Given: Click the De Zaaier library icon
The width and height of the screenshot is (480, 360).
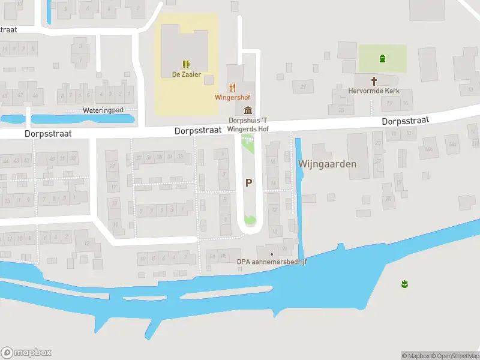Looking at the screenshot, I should tap(186, 64).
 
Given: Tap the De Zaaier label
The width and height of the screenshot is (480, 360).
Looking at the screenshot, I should tap(186, 74).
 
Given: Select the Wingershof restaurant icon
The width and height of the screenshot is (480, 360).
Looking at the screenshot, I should tap(232, 87).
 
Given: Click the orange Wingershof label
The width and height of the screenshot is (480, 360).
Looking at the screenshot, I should tap(232, 97).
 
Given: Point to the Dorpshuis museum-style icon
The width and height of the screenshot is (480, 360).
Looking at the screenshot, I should tap(248, 110).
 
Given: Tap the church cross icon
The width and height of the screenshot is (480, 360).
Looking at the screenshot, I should tap(374, 80).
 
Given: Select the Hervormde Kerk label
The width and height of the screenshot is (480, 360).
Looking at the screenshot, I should tap(373, 91).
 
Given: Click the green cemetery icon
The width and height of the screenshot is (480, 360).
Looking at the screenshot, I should tap(382, 58).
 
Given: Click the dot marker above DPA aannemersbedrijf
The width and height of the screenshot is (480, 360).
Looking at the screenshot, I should tap(271, 254).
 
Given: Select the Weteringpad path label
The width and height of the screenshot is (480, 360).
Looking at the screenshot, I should tap(103, 110).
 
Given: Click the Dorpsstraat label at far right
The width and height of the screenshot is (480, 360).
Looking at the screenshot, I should tap(405, 121).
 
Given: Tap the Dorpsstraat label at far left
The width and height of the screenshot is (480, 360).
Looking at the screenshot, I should tap(48, 134).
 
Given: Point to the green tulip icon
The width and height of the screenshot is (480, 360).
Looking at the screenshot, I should tap(404, 283).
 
